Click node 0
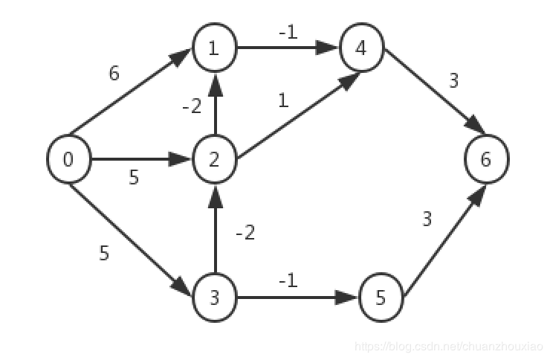(68, 159)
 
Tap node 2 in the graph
(215, 159)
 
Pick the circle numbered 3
(215, 299)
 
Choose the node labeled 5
(381, 299)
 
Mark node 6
(486, 159)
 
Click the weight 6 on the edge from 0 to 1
(114, 74)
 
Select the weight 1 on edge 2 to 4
(282, 100)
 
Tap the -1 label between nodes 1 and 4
(288, 33)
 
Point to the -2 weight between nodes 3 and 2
(245, 233)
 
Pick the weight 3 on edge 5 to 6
(427, 219)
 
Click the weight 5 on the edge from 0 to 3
(104, 253)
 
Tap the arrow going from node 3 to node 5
(297, 299)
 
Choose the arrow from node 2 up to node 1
(215, 104)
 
